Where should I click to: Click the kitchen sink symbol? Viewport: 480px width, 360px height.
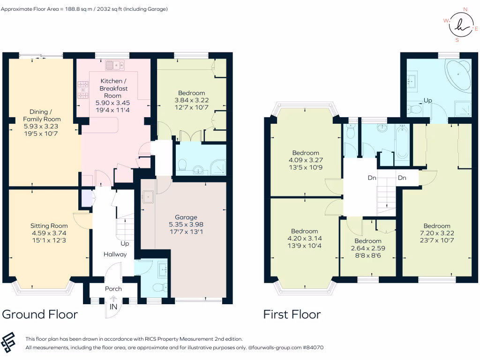[115, 65]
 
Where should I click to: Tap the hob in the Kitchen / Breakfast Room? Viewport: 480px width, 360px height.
[82, 90]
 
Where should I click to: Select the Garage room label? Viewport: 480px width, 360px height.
[186, 217]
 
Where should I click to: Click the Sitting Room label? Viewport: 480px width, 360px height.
[49, 226]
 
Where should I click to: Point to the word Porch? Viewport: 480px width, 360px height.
[113, 289]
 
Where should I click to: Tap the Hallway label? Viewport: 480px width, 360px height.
[115, 255]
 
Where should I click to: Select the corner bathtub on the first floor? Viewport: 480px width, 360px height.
[458, 75]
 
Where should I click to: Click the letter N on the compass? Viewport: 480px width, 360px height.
[465, 9]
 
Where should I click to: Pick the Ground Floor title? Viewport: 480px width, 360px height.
[40, 315]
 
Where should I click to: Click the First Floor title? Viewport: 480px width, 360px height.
[292, 315]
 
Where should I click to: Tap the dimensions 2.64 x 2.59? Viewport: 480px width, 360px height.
[368, 248]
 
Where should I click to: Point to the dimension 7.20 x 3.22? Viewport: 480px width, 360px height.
[437, 233]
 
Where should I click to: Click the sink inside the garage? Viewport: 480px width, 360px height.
[148, 197]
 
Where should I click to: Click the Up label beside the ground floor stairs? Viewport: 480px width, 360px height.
[125, 244]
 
